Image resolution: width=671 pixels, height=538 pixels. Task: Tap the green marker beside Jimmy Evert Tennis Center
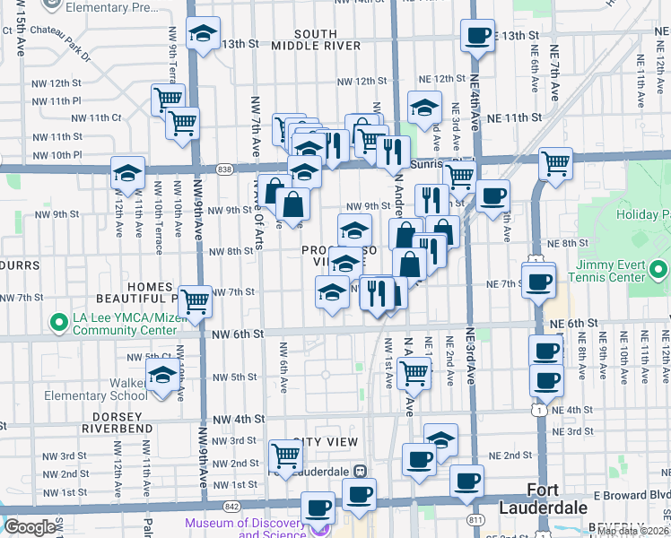pos(659,269)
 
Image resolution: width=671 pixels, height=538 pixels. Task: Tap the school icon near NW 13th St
pos(204,34)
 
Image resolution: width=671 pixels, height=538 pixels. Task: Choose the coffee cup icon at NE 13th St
pos(477,36)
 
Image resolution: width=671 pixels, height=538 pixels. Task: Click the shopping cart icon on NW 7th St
pos(195,301)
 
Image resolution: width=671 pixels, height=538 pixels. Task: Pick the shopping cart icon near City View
pos(285,455)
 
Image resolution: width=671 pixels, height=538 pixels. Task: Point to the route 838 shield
pos(224,168)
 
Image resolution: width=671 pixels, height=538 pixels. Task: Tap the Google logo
pos(30,527)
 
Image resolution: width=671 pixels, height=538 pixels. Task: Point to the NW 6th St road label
pos(237,334)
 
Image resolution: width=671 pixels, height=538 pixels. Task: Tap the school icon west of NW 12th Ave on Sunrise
pos(127,173)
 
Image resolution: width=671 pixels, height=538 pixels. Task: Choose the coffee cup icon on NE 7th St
pos(538,282)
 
